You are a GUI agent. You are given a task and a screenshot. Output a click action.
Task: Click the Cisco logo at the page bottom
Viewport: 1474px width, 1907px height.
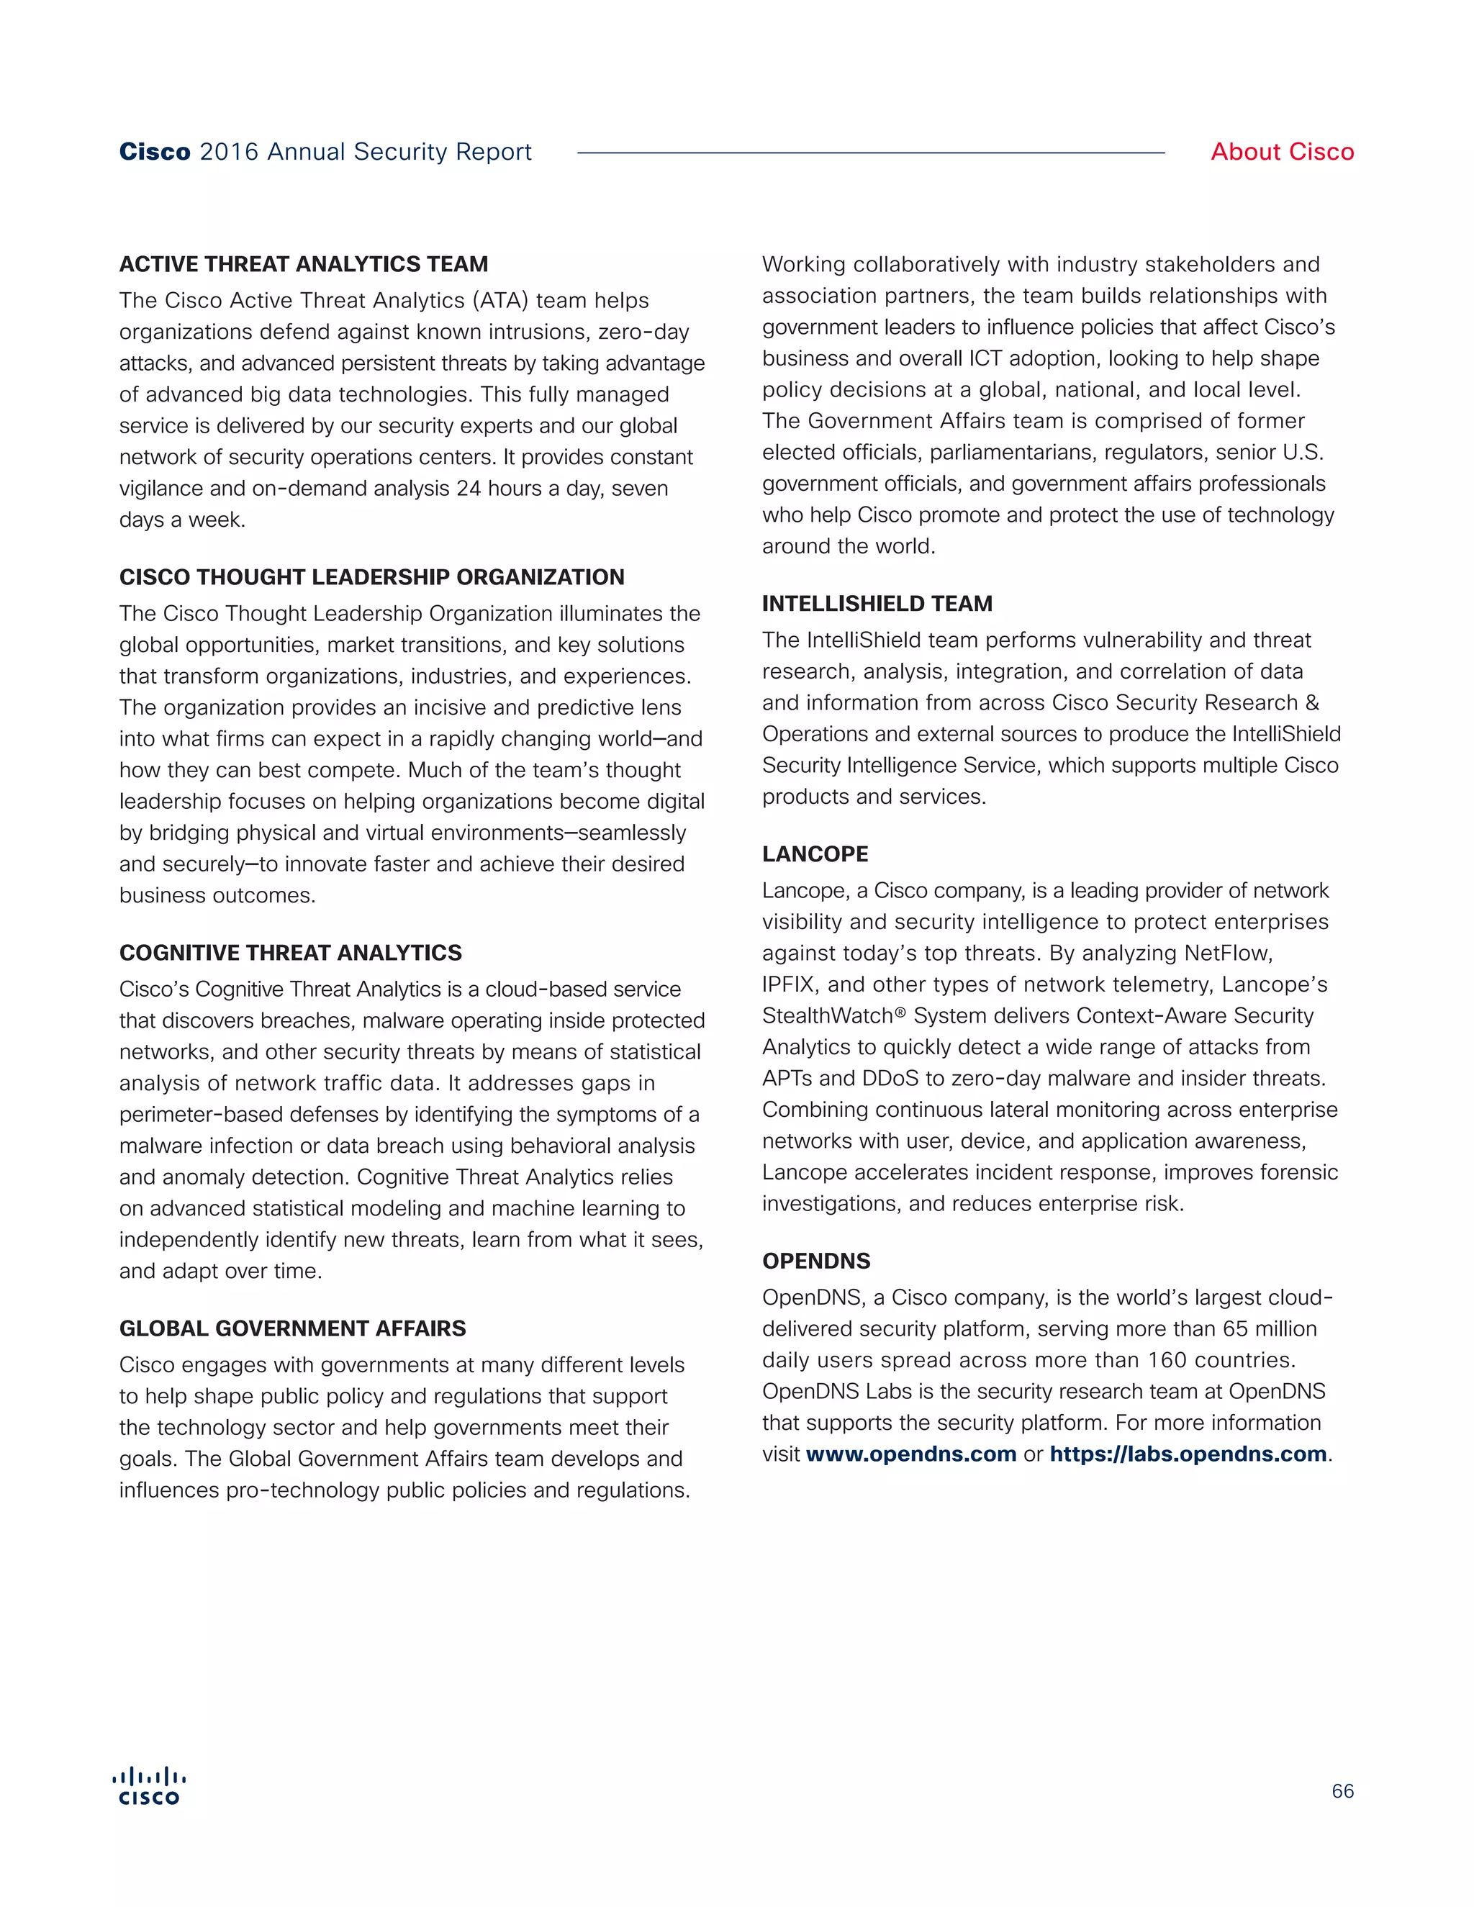[x=149, y=1787]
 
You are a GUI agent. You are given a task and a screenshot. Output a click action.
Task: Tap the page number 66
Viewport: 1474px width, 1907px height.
[x=1342, y=1791]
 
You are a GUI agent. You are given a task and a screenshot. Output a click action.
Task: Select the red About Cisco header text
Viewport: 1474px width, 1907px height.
[x=1282, y=152]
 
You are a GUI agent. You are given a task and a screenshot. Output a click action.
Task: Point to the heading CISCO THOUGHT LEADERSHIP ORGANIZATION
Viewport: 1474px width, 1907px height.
[x=372, y=577]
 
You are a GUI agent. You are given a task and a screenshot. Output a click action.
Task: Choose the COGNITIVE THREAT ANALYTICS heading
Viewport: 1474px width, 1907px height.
[x=291, y=953]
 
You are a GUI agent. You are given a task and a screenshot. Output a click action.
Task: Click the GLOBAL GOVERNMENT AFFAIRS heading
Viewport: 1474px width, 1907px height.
[x=292, y=1328]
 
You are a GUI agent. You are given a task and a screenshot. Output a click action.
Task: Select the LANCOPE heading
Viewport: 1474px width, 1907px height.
[x=815, y=854]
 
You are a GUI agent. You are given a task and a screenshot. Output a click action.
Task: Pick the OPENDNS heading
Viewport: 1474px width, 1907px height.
[x=815, y=1261]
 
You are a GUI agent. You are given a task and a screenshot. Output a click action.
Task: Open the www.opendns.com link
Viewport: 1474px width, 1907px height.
[x=910, y=1454]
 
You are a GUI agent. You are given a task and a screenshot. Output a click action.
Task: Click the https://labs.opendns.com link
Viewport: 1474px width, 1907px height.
[x=1188, y=1454]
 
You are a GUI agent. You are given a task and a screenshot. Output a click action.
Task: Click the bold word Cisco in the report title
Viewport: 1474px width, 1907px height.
[x=155, y=152]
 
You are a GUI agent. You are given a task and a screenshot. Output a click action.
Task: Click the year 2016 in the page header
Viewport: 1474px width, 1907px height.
[x=229, y=152]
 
